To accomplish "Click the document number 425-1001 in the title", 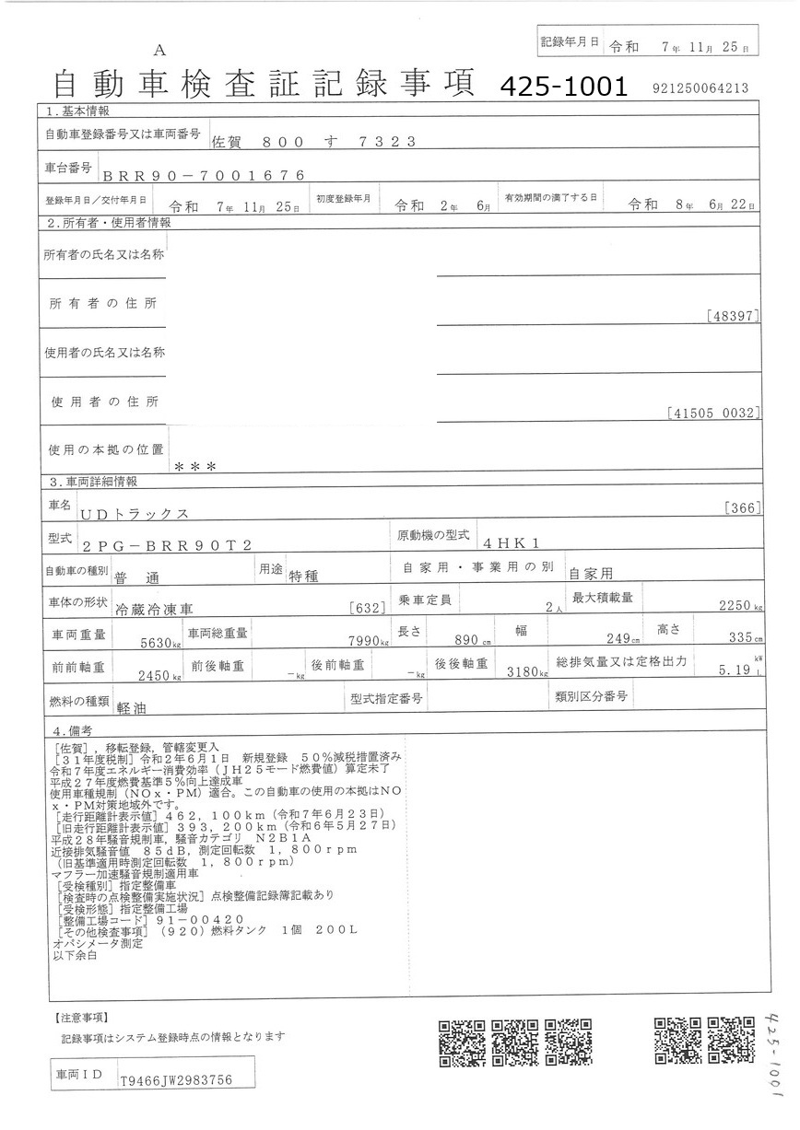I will point(563,87).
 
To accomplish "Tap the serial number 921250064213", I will point(699,88).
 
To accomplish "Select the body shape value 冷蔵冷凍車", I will point(154,608).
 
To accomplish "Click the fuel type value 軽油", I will point(132,709).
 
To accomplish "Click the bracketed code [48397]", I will point(734,316).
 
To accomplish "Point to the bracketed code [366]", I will point(742,507).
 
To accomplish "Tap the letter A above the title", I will point(159,50).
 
